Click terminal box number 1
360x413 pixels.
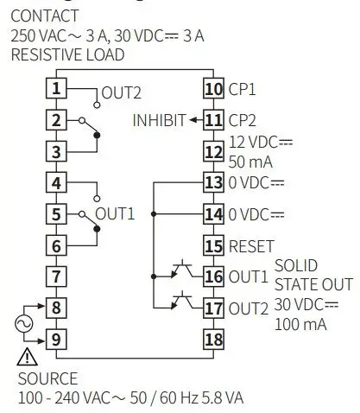(x=55, y=88)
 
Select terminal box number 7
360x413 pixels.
(x=55, y=276)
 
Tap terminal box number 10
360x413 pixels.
(x=213, y=88)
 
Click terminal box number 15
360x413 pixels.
(x=213, y=245)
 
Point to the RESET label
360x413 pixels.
(x=251, y=246)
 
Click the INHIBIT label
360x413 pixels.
(x=159, y=120)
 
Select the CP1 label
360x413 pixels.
(x=243, y=89)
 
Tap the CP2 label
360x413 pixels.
(x=243, y=120)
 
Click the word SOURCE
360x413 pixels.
(x=47, y=378)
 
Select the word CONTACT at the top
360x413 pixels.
(x=44, y=16)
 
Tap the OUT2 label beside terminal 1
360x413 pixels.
(x=121, y=92)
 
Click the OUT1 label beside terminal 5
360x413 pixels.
(x=116, y=214)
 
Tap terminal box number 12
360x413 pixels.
(x=213, y=151)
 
